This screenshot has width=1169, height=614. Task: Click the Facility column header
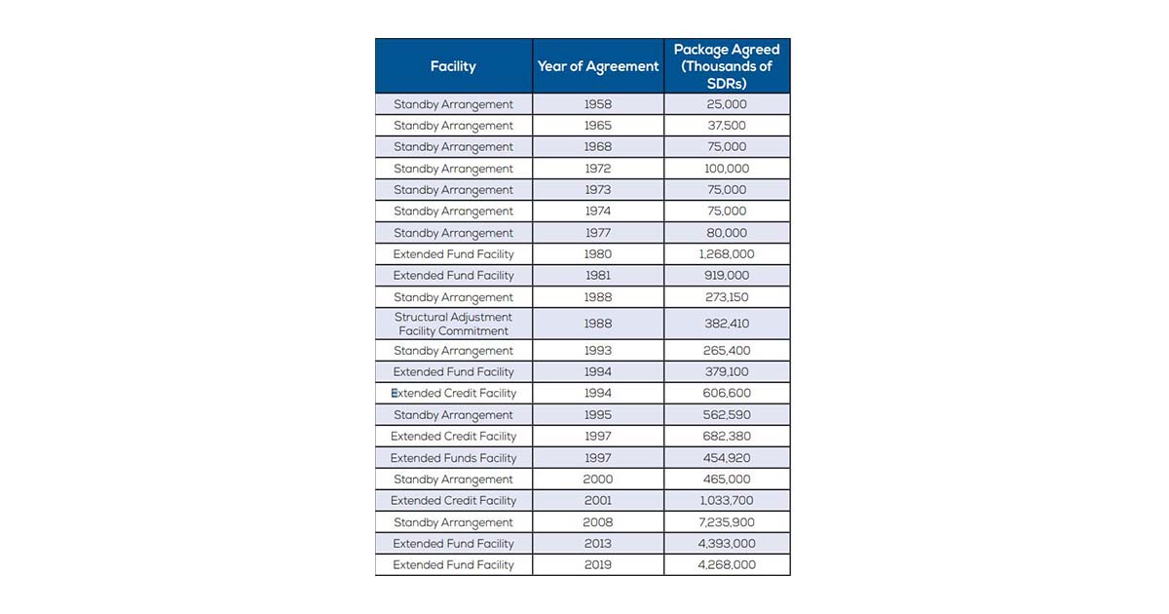point(453,66)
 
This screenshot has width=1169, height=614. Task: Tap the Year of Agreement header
point(598,66)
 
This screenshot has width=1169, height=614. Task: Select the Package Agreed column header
point(727,66)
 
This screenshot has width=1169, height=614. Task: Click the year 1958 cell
point(598,104)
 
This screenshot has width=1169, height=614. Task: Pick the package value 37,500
point(727,126)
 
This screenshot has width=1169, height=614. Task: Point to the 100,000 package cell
point(727,169)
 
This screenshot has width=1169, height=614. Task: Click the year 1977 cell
point(598,233)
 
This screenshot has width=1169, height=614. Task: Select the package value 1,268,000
point(727,254)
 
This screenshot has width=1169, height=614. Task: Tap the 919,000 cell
point(727,276)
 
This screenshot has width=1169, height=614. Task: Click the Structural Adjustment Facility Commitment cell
point(453,324)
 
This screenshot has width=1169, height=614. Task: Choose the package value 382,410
point(727,324)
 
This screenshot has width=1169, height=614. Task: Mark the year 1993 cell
point(598,351)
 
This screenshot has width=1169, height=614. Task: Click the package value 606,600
point(727,394)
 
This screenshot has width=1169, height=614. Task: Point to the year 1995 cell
point(598,415)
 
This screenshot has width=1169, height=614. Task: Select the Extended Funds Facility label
point(453,458)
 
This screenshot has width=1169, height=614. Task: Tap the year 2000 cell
point(598,480)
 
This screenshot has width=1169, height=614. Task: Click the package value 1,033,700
point(727,501)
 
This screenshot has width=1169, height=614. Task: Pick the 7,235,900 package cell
point(727,522)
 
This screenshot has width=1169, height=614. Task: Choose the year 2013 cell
point(598,544)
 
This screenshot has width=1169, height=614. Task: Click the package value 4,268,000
point(727,565)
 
